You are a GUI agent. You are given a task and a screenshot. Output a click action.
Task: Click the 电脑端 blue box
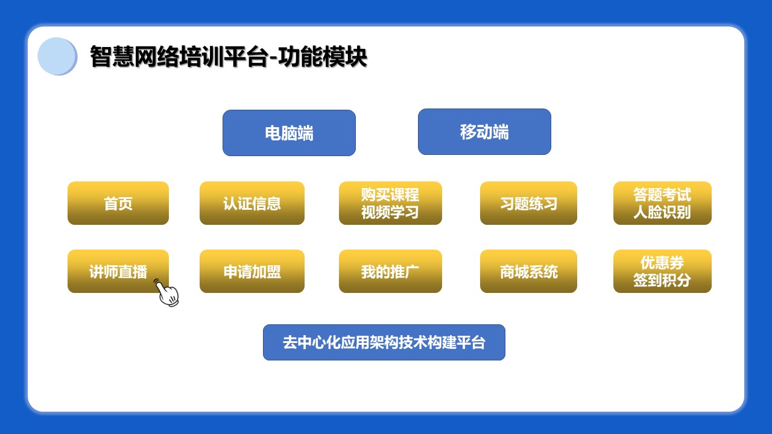click(x=289, y=133)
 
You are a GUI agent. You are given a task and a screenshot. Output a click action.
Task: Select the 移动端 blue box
click(x=484, y=131)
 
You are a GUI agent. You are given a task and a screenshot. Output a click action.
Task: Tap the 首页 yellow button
click(x=118, y=203)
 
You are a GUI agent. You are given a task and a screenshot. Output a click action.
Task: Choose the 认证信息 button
click(x=252, y=203)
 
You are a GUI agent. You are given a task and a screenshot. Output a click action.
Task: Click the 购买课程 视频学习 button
click(x=390, y=203)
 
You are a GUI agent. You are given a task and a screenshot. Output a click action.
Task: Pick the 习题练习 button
click(x=528, y=203)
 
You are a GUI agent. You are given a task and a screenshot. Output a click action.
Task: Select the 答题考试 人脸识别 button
click(x=662, y=203)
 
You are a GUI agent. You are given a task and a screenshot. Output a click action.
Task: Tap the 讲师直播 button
click(x=118, y=271)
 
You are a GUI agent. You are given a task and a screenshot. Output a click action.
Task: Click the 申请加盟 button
click(x=252, y=271)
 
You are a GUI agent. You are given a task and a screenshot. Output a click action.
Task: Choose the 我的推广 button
click(x=390, y=271)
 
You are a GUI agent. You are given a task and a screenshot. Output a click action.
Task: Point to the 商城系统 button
click(x=528, y=271)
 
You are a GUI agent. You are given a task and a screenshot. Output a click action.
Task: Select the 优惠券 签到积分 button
click(x=662, y=271)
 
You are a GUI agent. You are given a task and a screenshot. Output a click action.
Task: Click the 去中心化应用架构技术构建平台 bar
click(x=384, y=342)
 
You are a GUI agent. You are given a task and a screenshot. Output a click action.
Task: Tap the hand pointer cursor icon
click(x=168, y=294)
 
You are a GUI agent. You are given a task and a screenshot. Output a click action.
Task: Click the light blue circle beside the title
click(x=57, y=56)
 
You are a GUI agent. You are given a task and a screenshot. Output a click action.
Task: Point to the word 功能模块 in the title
click(x=323, y=57)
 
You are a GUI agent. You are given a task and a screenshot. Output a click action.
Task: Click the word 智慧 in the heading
click(x=112, y=57)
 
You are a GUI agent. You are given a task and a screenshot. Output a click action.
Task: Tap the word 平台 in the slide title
click(x=245, y=57)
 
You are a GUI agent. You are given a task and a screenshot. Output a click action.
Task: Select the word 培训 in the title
click(x=201, y=57)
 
